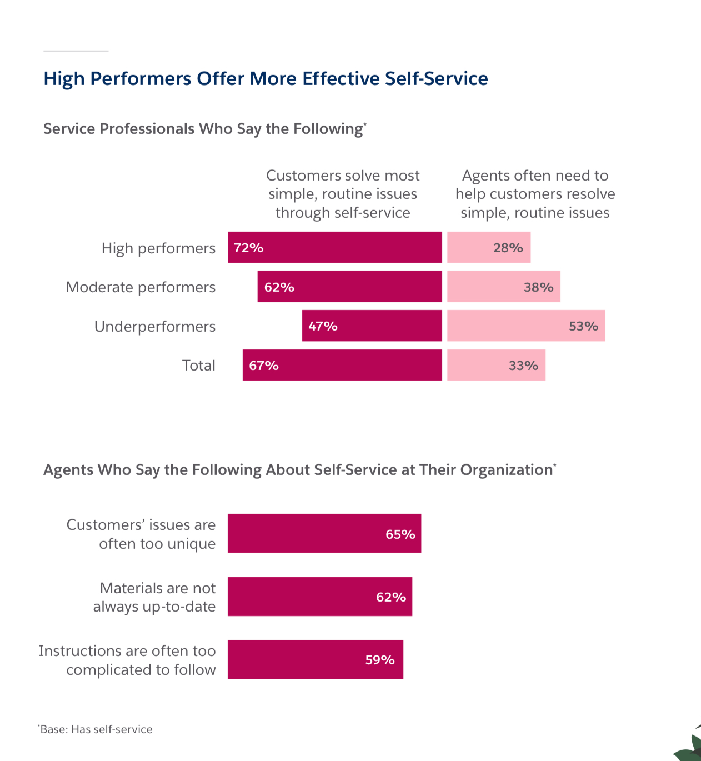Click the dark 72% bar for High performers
click(335, 248)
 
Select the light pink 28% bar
click(489, 248)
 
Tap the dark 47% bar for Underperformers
click(372, 326)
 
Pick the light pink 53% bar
click(526, 326)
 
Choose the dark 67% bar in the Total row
click(342, 366)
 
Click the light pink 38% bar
click(504, 287)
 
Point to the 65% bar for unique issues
click(324, 534)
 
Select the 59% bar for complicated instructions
click(316, 660)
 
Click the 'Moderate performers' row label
click(141, 287)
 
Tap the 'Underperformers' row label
click(155, 327)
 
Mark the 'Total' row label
click(199, 366)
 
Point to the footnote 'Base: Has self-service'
click(96, 729)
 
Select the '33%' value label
click(523, 366)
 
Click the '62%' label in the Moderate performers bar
click(279, 287)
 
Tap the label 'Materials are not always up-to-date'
click(154, 597)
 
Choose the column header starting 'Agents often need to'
click(535, 194)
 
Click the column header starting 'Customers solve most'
click(343, 194)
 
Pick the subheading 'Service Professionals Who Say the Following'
click(204, 129)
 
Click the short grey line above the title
click(76, 51)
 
